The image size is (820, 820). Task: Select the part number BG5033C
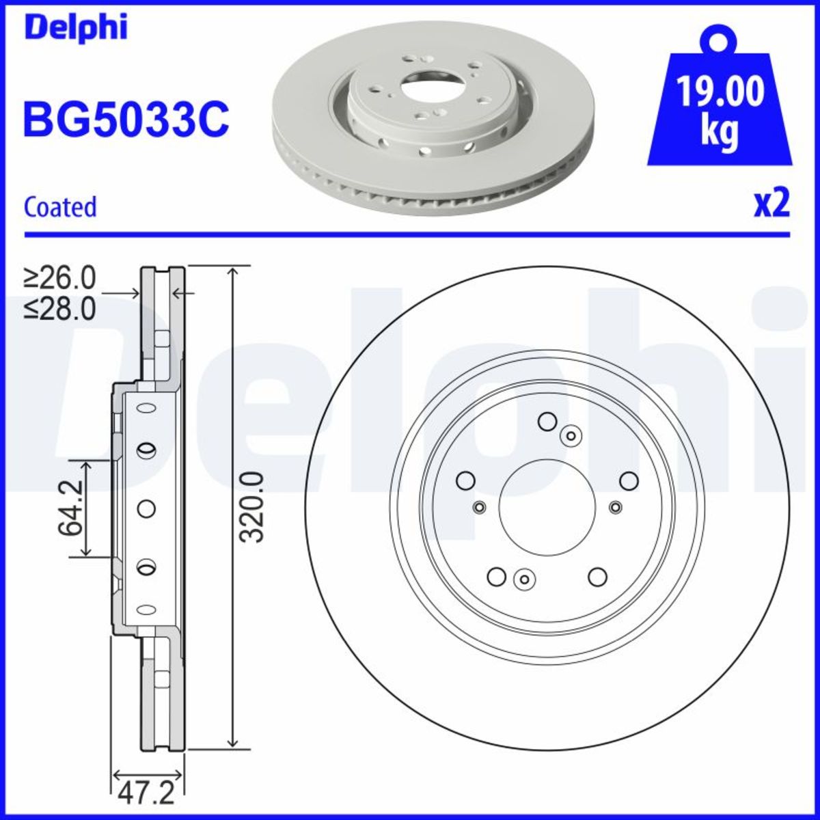(126, 119)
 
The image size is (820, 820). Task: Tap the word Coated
(60, 207)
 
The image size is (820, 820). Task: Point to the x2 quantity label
(771, 204)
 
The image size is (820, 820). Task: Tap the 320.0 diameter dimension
(254, 506)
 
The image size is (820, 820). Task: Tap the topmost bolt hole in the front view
(547, 422)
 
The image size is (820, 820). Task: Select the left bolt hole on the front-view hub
(465, 481)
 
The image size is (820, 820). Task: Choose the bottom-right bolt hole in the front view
(597, 577)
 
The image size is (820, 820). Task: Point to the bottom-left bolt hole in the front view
(497, 577)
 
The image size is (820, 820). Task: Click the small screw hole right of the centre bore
(616, 507)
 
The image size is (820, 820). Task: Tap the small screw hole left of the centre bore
(479, 507)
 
